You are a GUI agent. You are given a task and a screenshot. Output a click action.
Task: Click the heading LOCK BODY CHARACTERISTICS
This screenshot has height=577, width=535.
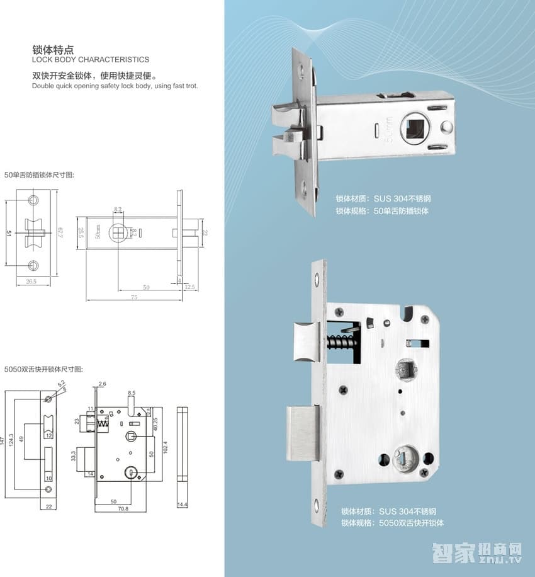(91, 60)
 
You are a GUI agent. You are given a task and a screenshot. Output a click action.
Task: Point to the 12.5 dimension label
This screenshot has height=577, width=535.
(190, 287)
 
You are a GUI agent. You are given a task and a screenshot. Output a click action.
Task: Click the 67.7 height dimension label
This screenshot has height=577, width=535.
(60, 233)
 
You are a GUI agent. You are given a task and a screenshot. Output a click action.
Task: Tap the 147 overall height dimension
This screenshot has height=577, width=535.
(4, 440)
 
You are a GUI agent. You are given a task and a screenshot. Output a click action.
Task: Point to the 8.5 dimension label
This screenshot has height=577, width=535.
(131, 392)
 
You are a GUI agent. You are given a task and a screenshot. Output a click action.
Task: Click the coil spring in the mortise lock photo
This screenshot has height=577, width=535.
(340, 346)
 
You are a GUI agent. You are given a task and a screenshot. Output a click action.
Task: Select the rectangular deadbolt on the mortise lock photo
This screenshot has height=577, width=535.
(303, 433)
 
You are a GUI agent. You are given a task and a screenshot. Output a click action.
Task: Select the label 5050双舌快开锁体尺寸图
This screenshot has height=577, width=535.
(43, 369)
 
